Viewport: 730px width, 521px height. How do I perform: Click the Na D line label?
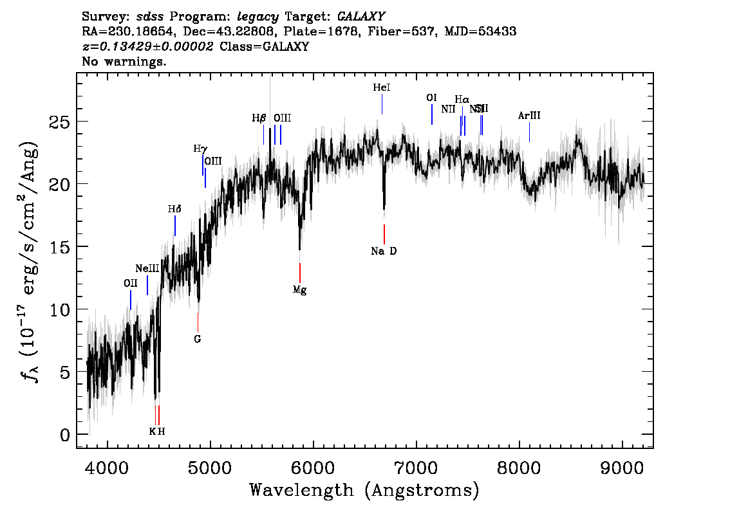coord(384,251)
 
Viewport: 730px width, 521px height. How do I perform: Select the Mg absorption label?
coord(299,290)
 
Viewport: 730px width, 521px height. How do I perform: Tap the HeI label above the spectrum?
coord(382,87)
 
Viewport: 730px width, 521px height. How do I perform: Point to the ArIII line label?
coord(529,116)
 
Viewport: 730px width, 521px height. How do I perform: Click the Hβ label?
coord(259,118)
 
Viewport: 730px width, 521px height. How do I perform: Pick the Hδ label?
coord(174,209)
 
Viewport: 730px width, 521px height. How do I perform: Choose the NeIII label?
coord(147,268)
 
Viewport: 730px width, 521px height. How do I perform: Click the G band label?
coord(198,339)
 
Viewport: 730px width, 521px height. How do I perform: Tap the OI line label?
coord(431,98)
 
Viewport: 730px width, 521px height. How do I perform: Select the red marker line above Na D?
coord(384,234)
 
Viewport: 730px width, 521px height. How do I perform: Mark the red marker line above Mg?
coord(300,272)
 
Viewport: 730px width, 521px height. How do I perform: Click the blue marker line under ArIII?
coord(529,133)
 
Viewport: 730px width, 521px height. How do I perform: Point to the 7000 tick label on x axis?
coord(416,464)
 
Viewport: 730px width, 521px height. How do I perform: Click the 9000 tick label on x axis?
coord(622,464)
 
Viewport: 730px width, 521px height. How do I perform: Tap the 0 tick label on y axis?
coord(65,435)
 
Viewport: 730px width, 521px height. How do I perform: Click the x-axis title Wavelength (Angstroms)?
coord(364,490)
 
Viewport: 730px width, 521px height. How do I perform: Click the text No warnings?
coord(124,62)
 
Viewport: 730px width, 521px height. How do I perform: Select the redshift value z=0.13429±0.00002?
coord(148,47)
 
